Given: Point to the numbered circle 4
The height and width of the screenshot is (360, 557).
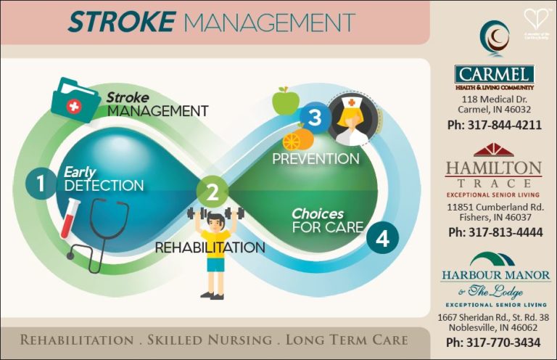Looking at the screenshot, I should pyautogui.click(x=383, y=237).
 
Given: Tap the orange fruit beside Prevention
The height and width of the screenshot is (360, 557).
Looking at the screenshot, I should pyautogui.click(x=297, y=138).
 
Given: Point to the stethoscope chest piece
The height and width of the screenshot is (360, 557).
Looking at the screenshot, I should pyautogui.click(x=70, y=256).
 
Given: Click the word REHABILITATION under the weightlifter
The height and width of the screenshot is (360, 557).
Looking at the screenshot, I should pyautogui.click(x=210, y=247).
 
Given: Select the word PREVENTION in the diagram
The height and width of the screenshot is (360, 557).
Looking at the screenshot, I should pyautogui.click(x=315, y=157).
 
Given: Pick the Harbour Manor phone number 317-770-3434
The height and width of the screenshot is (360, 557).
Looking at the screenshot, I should pyautogui.click(x=493, y=342).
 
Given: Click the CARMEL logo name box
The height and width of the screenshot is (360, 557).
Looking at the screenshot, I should pyautogui.click(x=495, y=75).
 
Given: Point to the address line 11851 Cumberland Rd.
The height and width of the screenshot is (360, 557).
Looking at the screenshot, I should pyautogui.click(x=494, y=207).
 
